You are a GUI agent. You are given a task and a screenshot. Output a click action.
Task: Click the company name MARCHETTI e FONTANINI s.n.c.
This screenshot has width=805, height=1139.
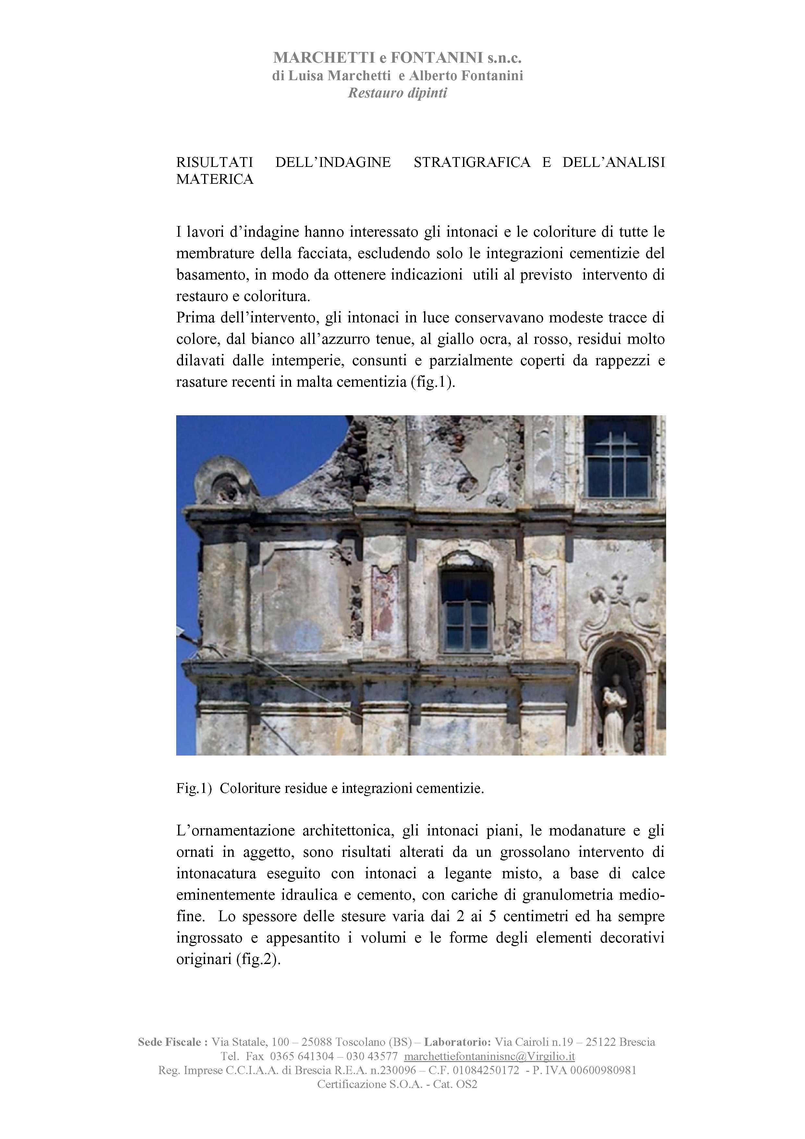point(397,58)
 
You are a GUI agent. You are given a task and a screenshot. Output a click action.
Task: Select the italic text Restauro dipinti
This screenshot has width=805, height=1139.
point(397,93)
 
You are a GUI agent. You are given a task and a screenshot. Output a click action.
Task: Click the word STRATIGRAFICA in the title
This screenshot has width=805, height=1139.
point(471,162)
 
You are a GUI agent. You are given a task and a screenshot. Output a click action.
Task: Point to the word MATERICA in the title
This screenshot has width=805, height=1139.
point(214,179)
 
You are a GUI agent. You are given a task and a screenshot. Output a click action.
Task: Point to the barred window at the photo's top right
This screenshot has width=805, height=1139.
point(618,457)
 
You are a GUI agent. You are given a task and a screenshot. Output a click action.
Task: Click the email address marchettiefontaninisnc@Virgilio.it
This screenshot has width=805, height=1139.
point(489,1056)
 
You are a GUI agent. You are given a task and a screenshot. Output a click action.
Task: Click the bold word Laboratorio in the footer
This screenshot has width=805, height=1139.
point(457,1042)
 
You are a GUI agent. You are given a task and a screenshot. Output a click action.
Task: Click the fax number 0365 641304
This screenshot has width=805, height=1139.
point(302,1056)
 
